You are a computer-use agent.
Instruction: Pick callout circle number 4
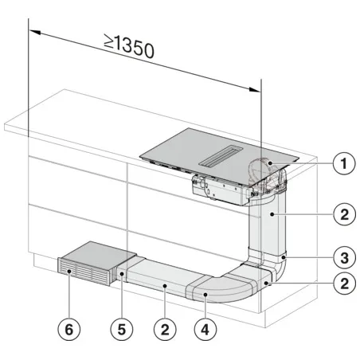[206, 327]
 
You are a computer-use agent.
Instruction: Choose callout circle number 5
[119, 327]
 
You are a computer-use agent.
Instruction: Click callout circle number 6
[72, 327]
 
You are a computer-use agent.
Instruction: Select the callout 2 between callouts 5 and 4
[163, 327]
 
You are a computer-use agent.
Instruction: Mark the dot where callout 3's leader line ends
[283, 256]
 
